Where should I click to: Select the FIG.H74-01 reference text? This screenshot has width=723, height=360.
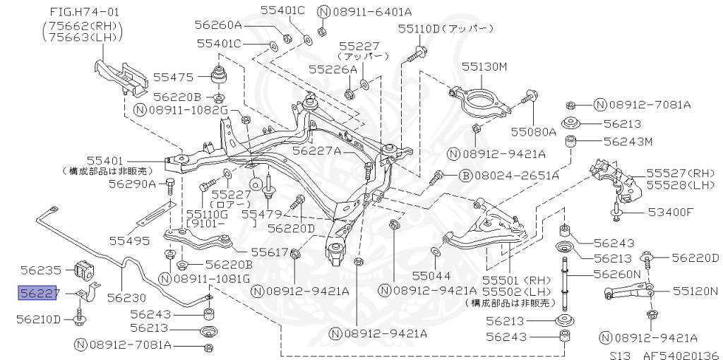pyautogui.click(x=83, y=12)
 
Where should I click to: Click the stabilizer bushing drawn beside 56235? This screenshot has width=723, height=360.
pyautogui.click(x=83, y=269)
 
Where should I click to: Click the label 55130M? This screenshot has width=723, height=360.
pyautogui.click(x=485, y=66)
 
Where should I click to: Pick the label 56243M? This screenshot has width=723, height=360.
pyautogui.click(x=628, y=141)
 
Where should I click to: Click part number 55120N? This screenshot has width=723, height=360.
pyautogui.click(x=695, y=290)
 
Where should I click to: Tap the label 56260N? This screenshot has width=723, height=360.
pyautogui.click(x=616, y=273)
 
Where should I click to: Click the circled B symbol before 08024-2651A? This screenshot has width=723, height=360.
pyautogui.click(x=465, y=175)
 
